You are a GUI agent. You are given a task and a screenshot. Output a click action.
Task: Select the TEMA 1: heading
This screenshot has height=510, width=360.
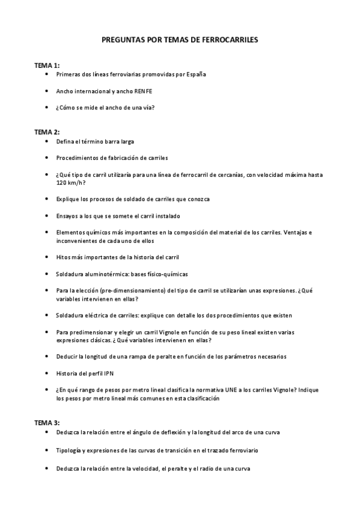[47, 65]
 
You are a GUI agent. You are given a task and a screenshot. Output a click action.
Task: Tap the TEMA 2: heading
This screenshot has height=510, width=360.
[47, 132]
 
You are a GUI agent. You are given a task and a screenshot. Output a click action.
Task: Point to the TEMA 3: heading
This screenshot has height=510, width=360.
[47, 423]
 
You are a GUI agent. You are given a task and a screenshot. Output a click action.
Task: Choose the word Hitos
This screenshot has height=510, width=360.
[63, 257]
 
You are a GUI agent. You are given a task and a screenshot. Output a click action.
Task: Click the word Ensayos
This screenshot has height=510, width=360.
[67, 215]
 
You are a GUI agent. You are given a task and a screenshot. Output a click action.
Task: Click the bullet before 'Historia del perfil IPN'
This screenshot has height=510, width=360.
[47, 373]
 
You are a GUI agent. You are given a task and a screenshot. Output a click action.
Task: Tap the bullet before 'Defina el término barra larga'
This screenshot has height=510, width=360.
[47, 141]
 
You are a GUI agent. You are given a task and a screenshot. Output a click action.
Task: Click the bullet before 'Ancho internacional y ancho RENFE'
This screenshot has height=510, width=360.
[47, 91]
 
